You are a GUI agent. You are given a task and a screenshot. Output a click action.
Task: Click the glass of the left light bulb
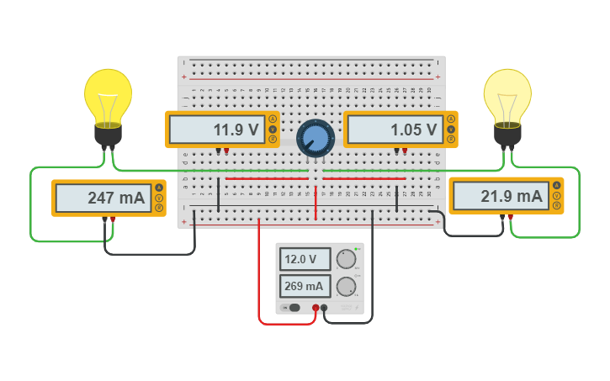click(x=108, y=94)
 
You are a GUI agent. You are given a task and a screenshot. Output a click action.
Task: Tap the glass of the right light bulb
click(x=507, y=94)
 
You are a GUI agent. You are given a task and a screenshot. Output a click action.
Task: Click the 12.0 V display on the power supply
click(x=305, y=259)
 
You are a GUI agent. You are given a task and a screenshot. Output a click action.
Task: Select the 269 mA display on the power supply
click(x=305, y=286)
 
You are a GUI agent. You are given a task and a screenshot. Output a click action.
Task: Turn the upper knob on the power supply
click(x=346, y=259)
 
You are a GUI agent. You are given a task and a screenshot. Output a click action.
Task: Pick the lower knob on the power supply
click(x=346, y=288)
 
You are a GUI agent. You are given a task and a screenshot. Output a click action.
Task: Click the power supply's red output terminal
click(x=316, y=308)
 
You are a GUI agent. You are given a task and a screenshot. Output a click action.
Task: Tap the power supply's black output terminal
click(x=325, y=308)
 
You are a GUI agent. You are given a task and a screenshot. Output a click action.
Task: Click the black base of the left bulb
click(x=108, y=135)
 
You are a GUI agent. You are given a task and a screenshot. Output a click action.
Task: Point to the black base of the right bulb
click(x=507, y=135)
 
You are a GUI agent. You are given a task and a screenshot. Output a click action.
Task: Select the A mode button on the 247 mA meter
click(x=159, y=188)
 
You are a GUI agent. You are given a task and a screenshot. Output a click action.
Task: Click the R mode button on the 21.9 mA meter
click(x=556, y=207)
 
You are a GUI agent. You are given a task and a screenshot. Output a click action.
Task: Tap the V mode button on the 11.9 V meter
click(x=273, y=130)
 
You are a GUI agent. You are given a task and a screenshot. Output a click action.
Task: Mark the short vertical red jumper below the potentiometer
click(x=316, y=204)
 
